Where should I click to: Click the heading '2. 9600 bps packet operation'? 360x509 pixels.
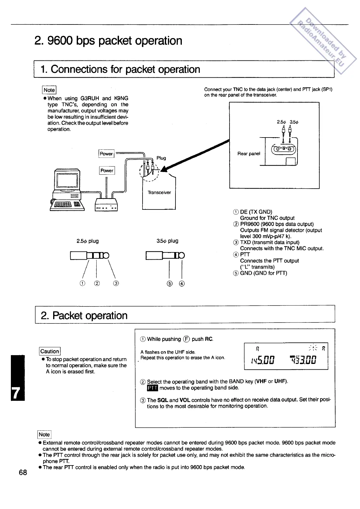[x=108, y=41]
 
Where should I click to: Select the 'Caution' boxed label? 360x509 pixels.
[x=50, y=351]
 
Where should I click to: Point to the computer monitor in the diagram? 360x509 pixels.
[x=67, y=180]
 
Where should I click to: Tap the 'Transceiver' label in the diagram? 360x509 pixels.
[x=159, y=193]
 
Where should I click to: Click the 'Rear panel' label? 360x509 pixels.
[x=249, y=154]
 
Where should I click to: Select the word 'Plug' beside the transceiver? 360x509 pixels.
[x=161, y=158]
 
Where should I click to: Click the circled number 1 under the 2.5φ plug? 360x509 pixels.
[x=82, y=283]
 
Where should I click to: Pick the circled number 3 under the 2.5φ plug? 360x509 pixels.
[x=116, y=283]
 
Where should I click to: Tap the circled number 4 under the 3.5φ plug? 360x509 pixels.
[x=182, y=284]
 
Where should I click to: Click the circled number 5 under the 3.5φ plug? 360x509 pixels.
[x=170, y=284]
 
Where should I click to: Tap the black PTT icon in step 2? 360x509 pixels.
[x=152, y=388]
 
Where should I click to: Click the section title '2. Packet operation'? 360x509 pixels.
[x=84, y=315]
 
